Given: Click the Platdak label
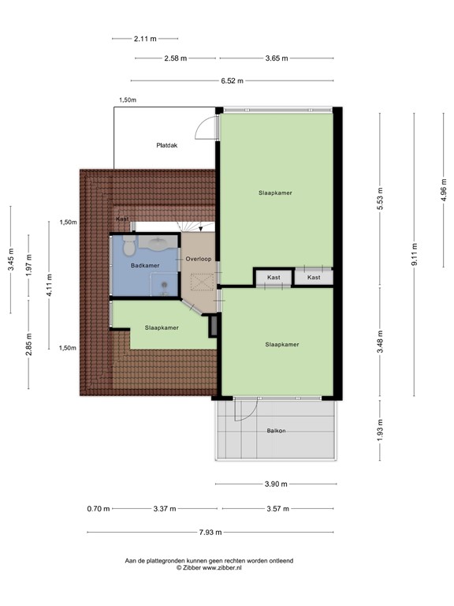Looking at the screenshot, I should coord(166,145).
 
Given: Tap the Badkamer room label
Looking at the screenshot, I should coord(145,265).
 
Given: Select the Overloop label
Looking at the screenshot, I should coord(197,259).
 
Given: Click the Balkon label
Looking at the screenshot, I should coord(276,430).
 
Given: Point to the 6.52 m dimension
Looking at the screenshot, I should coord(232,80).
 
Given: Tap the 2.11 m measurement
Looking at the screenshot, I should coord(145,38).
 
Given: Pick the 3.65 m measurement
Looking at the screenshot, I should coord(276,58).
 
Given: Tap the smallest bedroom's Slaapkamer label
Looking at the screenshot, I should coord(161,327).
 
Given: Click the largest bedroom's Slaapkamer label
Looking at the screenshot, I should coord(276,193).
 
